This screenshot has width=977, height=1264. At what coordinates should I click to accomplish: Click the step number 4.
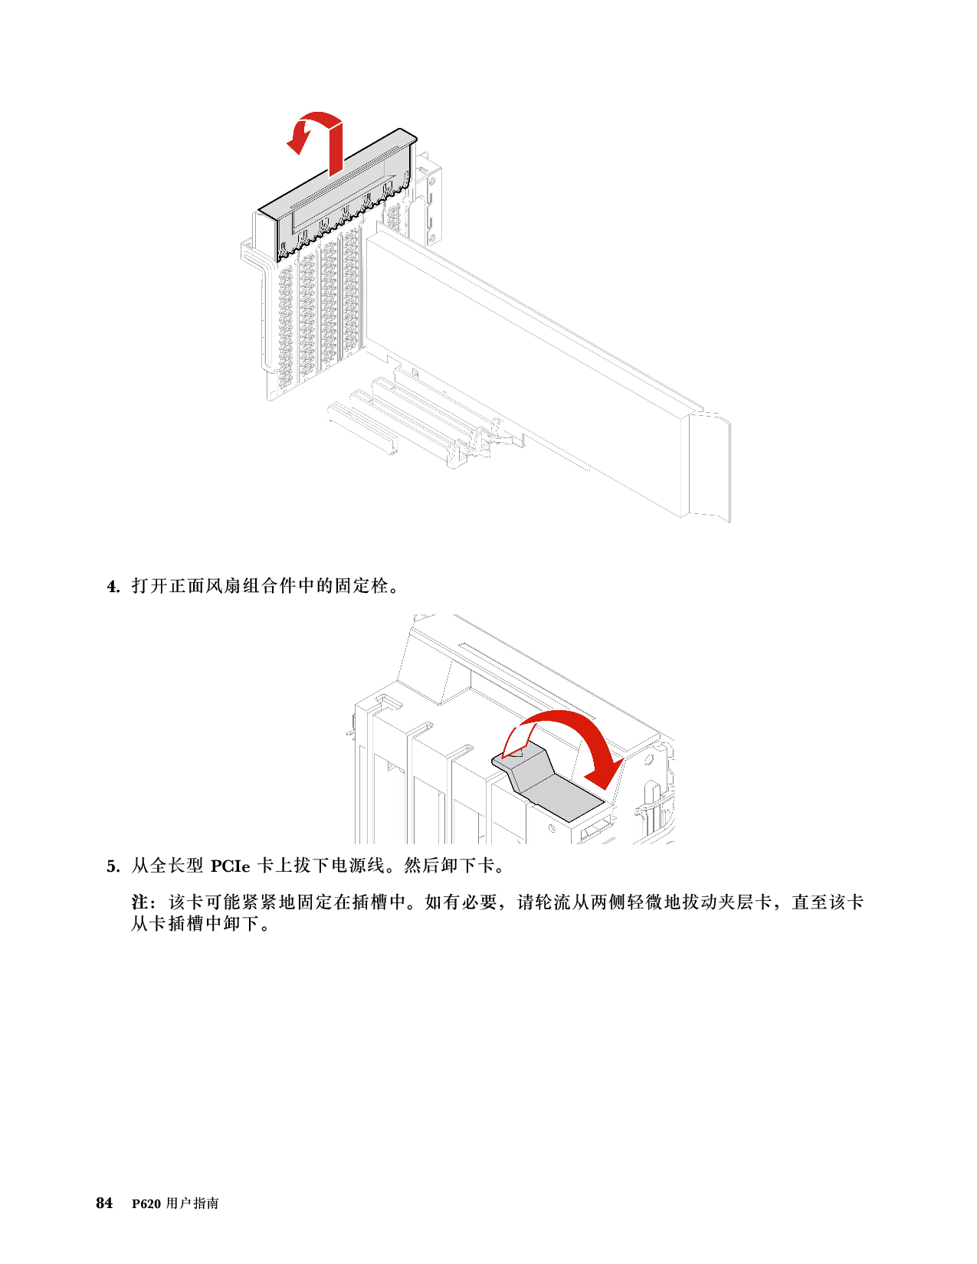pos(113,587)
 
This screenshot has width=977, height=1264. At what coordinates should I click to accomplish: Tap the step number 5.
pos(113,867)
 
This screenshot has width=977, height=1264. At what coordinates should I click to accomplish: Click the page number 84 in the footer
pos(104,1203)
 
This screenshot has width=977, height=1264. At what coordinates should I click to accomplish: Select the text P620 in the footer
pos(146,1204)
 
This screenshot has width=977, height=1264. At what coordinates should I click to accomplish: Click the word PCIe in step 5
pos(230,866)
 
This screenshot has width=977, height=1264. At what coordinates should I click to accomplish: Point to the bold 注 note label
pos(139,902)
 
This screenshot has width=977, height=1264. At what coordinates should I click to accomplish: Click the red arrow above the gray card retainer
pos(316,142)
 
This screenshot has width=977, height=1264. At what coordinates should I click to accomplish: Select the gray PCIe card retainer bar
pos(337,195)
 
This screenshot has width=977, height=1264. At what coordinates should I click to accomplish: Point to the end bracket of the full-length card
pos(709,465)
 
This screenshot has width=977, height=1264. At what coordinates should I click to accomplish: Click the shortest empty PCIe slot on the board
pos(362,427)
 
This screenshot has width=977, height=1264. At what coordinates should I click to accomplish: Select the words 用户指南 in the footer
pos(192,1203)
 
